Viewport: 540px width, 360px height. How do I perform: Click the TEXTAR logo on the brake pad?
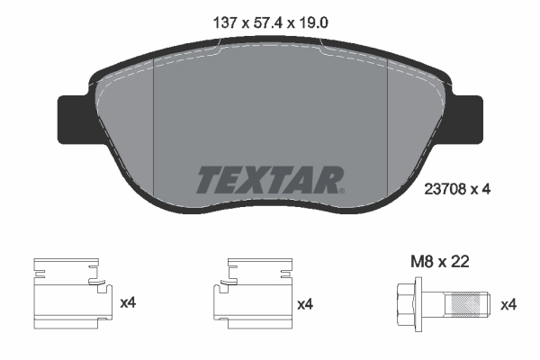(267, 180)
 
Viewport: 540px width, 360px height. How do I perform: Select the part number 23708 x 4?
(456, 190)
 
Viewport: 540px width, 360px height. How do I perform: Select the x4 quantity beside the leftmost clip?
(128, 304)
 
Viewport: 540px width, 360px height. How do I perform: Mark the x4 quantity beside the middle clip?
(305, 304)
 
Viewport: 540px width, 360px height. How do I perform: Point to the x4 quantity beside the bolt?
(509, 304)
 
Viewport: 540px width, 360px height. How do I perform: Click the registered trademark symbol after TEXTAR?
(340, 191)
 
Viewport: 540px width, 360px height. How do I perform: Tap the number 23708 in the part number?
(443, 190)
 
